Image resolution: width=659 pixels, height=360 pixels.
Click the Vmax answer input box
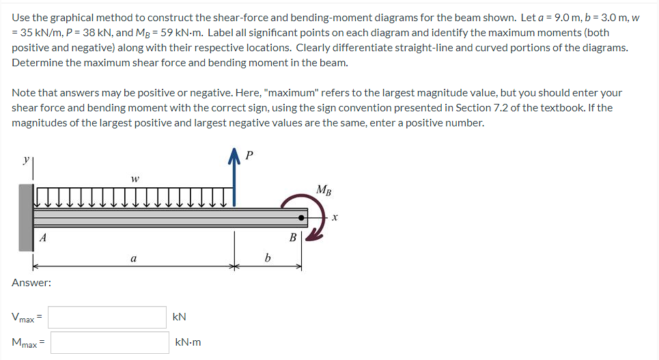click(107, 317)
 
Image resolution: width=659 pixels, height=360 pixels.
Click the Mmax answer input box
click(109, 342)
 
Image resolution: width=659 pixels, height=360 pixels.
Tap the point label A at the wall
click(43, 238)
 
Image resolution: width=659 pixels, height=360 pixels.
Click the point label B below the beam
click(292, 238)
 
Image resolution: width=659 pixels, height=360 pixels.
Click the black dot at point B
click(301, 218)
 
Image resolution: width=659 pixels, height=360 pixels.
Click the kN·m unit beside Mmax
click(188, 342)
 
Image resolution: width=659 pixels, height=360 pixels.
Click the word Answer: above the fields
click(31, 282)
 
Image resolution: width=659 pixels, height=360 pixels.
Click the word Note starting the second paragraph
click(24, 92)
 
